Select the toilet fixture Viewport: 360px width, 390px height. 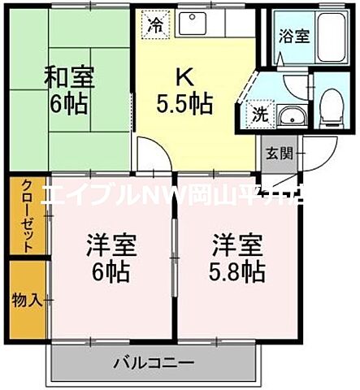pyautogui.click(x=331, y=105)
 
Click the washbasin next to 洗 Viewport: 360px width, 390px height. pyautogui.click(x=288, y=115)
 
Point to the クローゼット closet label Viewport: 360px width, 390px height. pyautogui.click(x=27, y=214)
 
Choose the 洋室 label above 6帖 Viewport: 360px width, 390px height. pyautogui.click(x=111, y=244)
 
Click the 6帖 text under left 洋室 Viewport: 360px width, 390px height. pyautogui.click(x=111, y=271)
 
